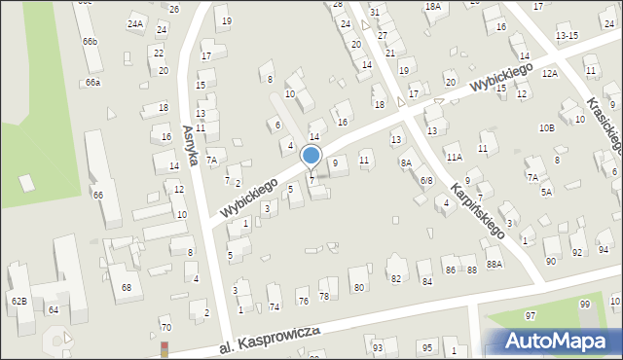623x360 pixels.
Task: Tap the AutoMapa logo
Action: [551, 341]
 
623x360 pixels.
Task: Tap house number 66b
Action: [90, 42]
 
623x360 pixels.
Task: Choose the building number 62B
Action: [18, 302]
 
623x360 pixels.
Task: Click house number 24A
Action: [134, 23]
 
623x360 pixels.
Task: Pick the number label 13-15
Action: [566, 35]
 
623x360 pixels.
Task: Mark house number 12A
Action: [550, 73]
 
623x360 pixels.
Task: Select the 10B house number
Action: [546, 127]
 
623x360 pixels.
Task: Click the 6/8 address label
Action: [426, 181]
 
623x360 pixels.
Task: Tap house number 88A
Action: [495, 264]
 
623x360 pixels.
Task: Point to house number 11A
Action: [454, 156]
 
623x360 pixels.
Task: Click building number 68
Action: [127, 288]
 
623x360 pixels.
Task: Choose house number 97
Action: [531, 316]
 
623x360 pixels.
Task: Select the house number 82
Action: [395, 279]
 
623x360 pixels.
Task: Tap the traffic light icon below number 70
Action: [165, 347]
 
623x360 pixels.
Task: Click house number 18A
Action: [432, 7]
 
